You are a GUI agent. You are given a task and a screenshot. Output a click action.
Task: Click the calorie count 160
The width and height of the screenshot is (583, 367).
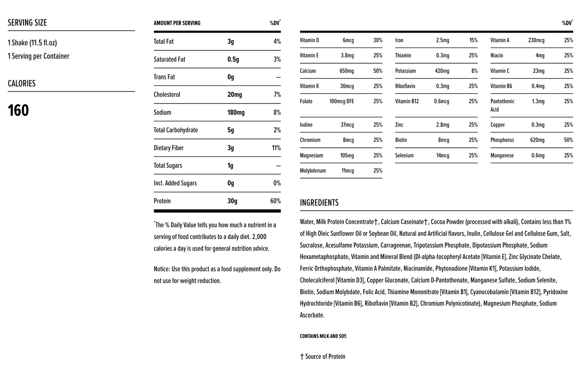(x=18, y=110)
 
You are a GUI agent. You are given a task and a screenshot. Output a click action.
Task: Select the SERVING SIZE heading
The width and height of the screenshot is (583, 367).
(x=27, y=23)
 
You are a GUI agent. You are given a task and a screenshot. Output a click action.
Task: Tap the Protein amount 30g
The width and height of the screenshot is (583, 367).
(x=232, y=201)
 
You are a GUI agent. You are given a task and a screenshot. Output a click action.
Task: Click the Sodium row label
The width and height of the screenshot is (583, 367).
(x=162, y=112)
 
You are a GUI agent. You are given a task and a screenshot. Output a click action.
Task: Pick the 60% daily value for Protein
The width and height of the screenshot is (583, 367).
(x=275, y=201)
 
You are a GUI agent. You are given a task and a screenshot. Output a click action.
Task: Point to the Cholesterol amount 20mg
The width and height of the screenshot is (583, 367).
(x=234, y=95)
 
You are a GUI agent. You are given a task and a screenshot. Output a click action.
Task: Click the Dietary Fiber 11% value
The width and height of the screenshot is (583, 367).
(x=276, y=148)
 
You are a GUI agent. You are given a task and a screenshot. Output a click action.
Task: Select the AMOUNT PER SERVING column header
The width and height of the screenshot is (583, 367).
(x=177, y=23)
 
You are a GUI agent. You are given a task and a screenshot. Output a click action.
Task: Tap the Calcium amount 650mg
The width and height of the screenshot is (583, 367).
(x=347, y=71)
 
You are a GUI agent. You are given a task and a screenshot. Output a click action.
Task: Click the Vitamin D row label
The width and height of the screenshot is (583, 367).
(x=309, y=40)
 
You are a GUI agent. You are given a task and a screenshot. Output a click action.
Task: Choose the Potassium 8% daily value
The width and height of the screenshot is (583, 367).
(x=474, y=71)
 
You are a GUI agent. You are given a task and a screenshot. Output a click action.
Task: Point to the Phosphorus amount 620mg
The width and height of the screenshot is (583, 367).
(x=537, y=140)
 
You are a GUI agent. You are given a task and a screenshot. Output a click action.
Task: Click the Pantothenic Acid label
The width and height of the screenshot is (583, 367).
(x=502, y=105)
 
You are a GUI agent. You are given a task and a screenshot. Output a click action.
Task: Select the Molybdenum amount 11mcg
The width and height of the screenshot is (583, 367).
(x=347, y=171)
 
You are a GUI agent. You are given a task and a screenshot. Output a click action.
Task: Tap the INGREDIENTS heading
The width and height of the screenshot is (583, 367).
(x=319, y=203)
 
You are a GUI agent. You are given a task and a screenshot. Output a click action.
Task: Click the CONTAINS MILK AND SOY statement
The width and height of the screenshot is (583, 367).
(x=323, y=336)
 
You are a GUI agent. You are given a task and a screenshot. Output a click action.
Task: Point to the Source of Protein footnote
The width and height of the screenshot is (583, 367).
(x=323, y=357)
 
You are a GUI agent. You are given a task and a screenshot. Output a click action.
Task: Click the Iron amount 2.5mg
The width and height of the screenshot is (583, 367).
(x=442, y=40)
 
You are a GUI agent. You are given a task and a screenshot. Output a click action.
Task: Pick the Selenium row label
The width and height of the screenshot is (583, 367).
(x=404, y=156)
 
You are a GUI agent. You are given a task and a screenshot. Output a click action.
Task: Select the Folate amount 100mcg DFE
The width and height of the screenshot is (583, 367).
(x=341, y=102)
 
